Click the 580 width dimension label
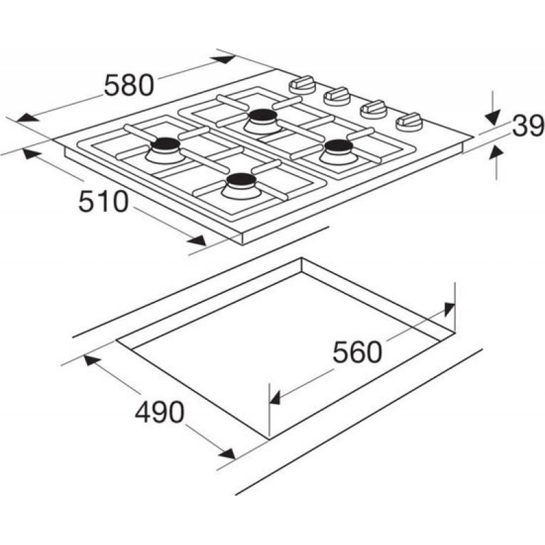129,86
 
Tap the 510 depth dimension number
104,202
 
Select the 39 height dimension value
528,125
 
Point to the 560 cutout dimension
357,352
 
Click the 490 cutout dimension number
159,412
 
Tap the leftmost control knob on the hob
302,85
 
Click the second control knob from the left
337,97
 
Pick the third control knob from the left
373,109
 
